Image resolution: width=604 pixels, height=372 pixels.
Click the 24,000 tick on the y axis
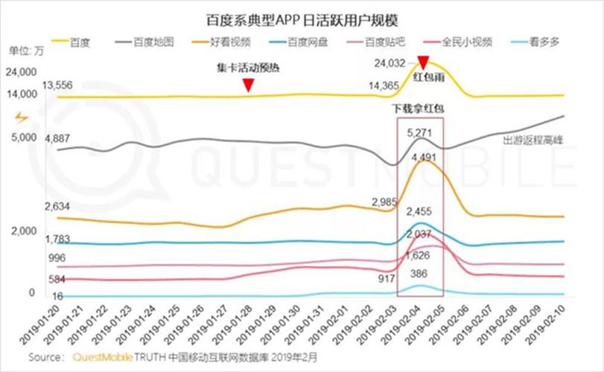[x=21, y=73]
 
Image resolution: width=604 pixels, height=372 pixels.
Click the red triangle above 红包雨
[x=423, y=62]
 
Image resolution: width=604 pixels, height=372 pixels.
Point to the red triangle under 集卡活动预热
[x=249, y=87]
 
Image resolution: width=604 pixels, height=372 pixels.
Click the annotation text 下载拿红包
[x=419, y=109]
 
